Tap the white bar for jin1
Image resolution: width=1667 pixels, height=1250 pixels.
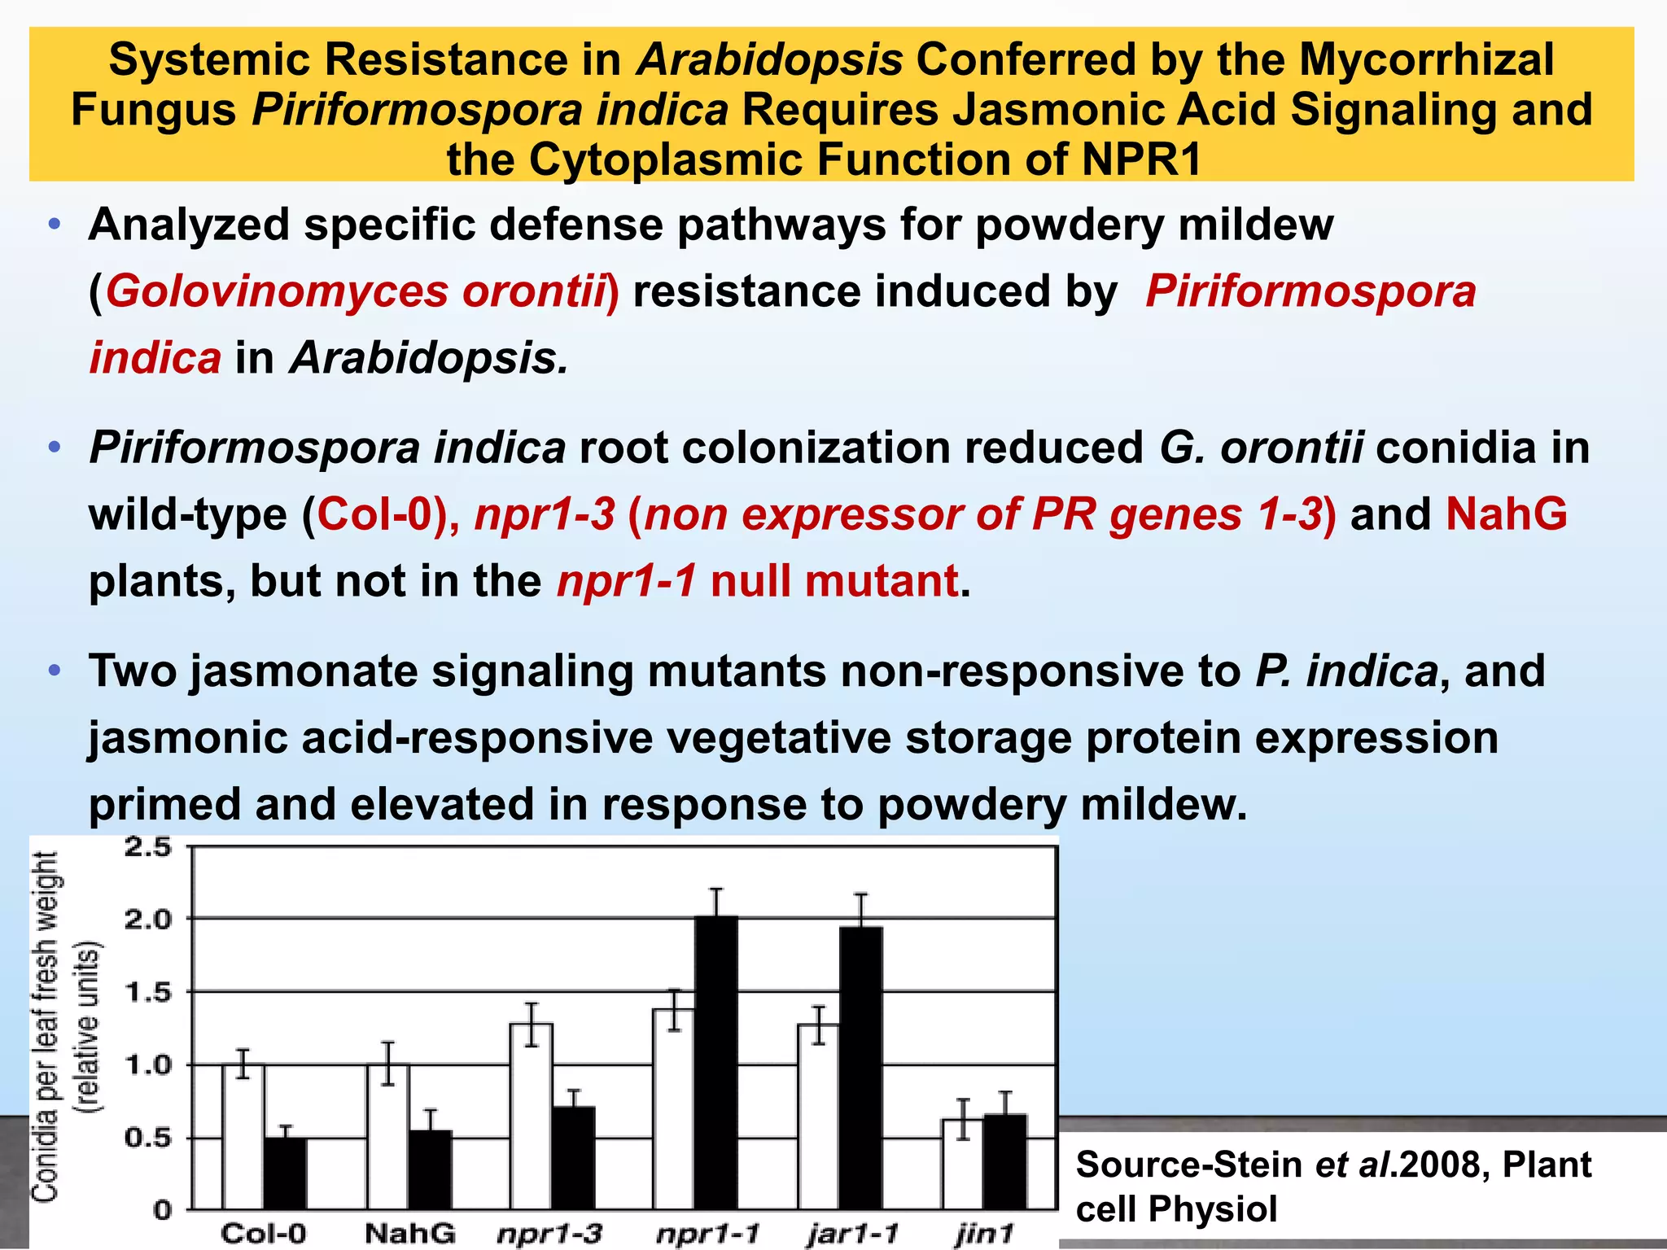(963, 1164)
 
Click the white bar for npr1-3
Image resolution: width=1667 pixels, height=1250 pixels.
(532, 1116)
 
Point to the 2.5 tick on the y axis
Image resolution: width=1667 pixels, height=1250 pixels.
(149, 847)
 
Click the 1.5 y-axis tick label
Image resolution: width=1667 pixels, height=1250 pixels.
(149, 992)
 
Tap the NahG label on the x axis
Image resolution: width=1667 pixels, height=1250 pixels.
(409, 1233)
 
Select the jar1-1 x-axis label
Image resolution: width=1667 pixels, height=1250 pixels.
(853, 1234)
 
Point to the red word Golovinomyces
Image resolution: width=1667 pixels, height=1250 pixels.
(276, 291)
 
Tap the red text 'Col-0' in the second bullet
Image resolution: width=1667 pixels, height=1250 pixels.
(374, 514)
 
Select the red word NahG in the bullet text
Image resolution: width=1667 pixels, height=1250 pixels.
(1507, 514)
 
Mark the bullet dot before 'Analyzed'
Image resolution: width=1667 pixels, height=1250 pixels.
(54, 224)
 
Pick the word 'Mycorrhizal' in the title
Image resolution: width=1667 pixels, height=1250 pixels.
(1426, 59)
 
